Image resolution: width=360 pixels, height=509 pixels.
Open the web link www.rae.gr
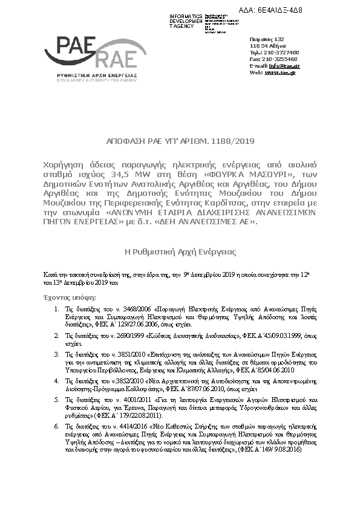pos(280,72)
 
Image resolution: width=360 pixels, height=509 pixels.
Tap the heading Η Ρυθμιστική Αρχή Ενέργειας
pos(180,251)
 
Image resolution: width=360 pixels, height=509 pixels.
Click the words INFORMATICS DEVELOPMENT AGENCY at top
pos(186,20)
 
